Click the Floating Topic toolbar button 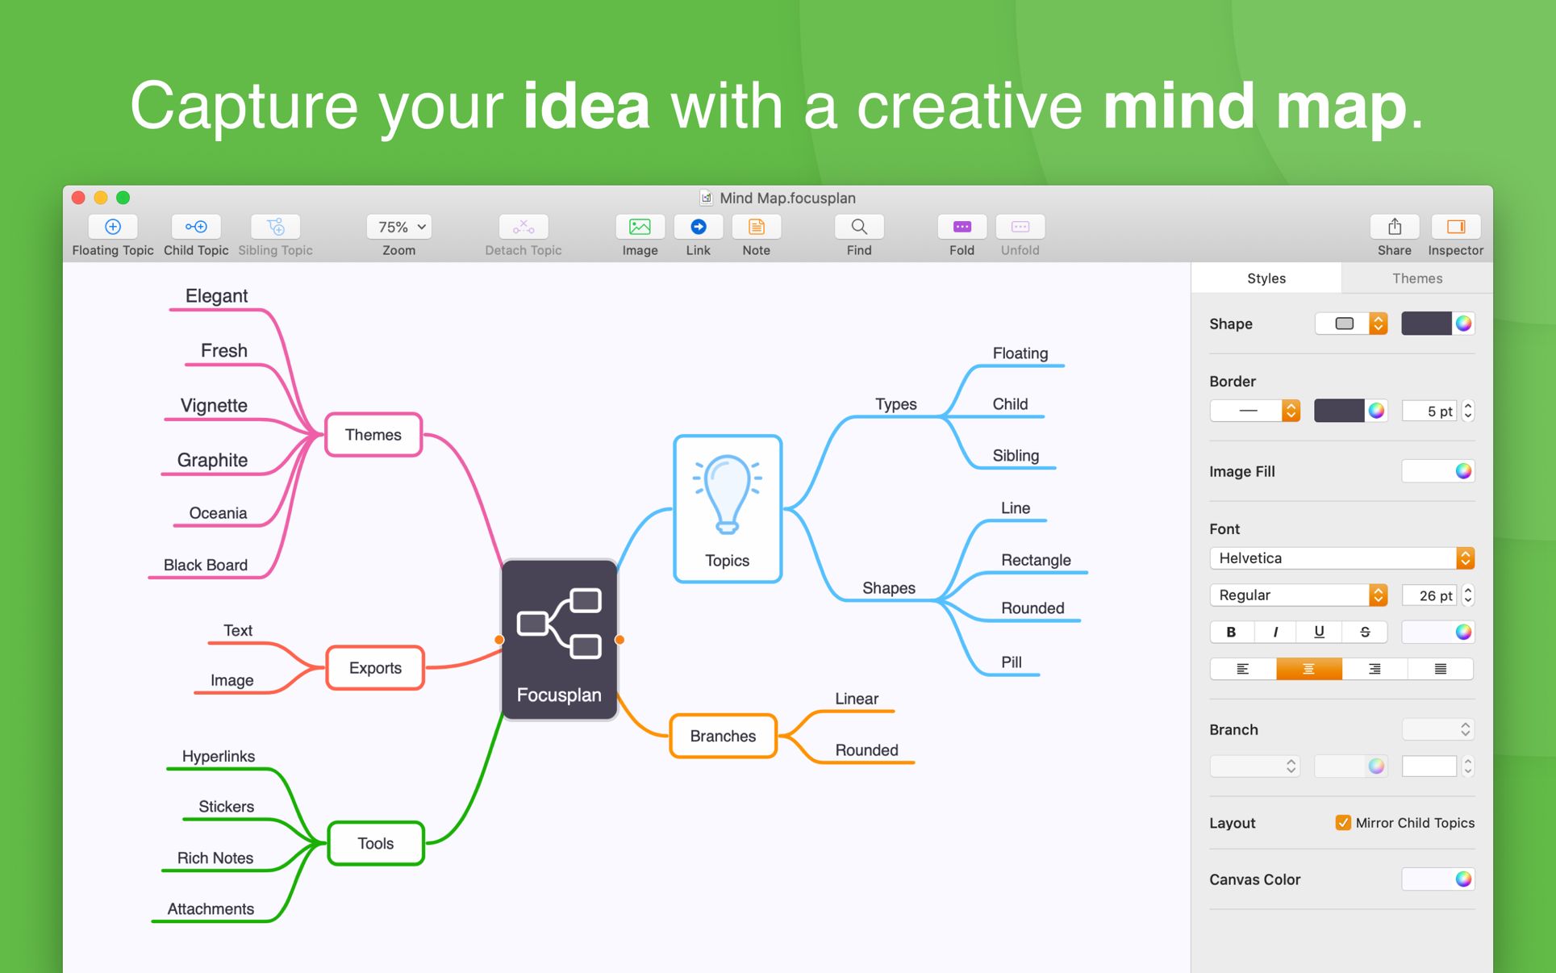click(113, 227)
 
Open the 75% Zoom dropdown click(399, 227)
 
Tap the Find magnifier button click(859, 227)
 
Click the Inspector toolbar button click(1455, 227)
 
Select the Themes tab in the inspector click(1416, 278)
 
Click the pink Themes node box click(373, 435)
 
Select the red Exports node click(375, 668)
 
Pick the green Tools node click(376, 843)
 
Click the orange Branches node click(723, 736)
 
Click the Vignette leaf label click(214, 405)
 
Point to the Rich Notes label click(215, 858)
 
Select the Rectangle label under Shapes click(1036, 560)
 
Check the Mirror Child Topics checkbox click(1343, 823)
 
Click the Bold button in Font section click(1231, 632)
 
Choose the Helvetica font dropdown click(1341, 558)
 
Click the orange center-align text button click(1308, 669)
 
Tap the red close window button click(78, 198)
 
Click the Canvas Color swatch click(1438, 879)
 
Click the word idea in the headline click(586, 106)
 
